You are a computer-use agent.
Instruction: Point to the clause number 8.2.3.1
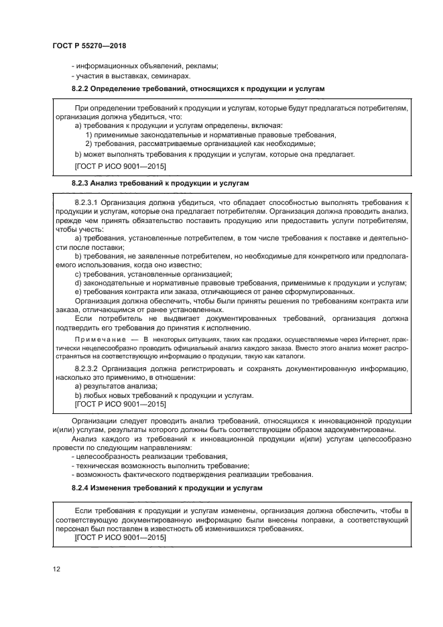coord(89,202)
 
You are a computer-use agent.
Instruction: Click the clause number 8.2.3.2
coord(89,369)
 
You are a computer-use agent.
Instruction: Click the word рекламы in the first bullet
coord(203,66)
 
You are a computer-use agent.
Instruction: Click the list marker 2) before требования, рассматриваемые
coord(89,143)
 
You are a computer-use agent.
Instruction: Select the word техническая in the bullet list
coord(94,466)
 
